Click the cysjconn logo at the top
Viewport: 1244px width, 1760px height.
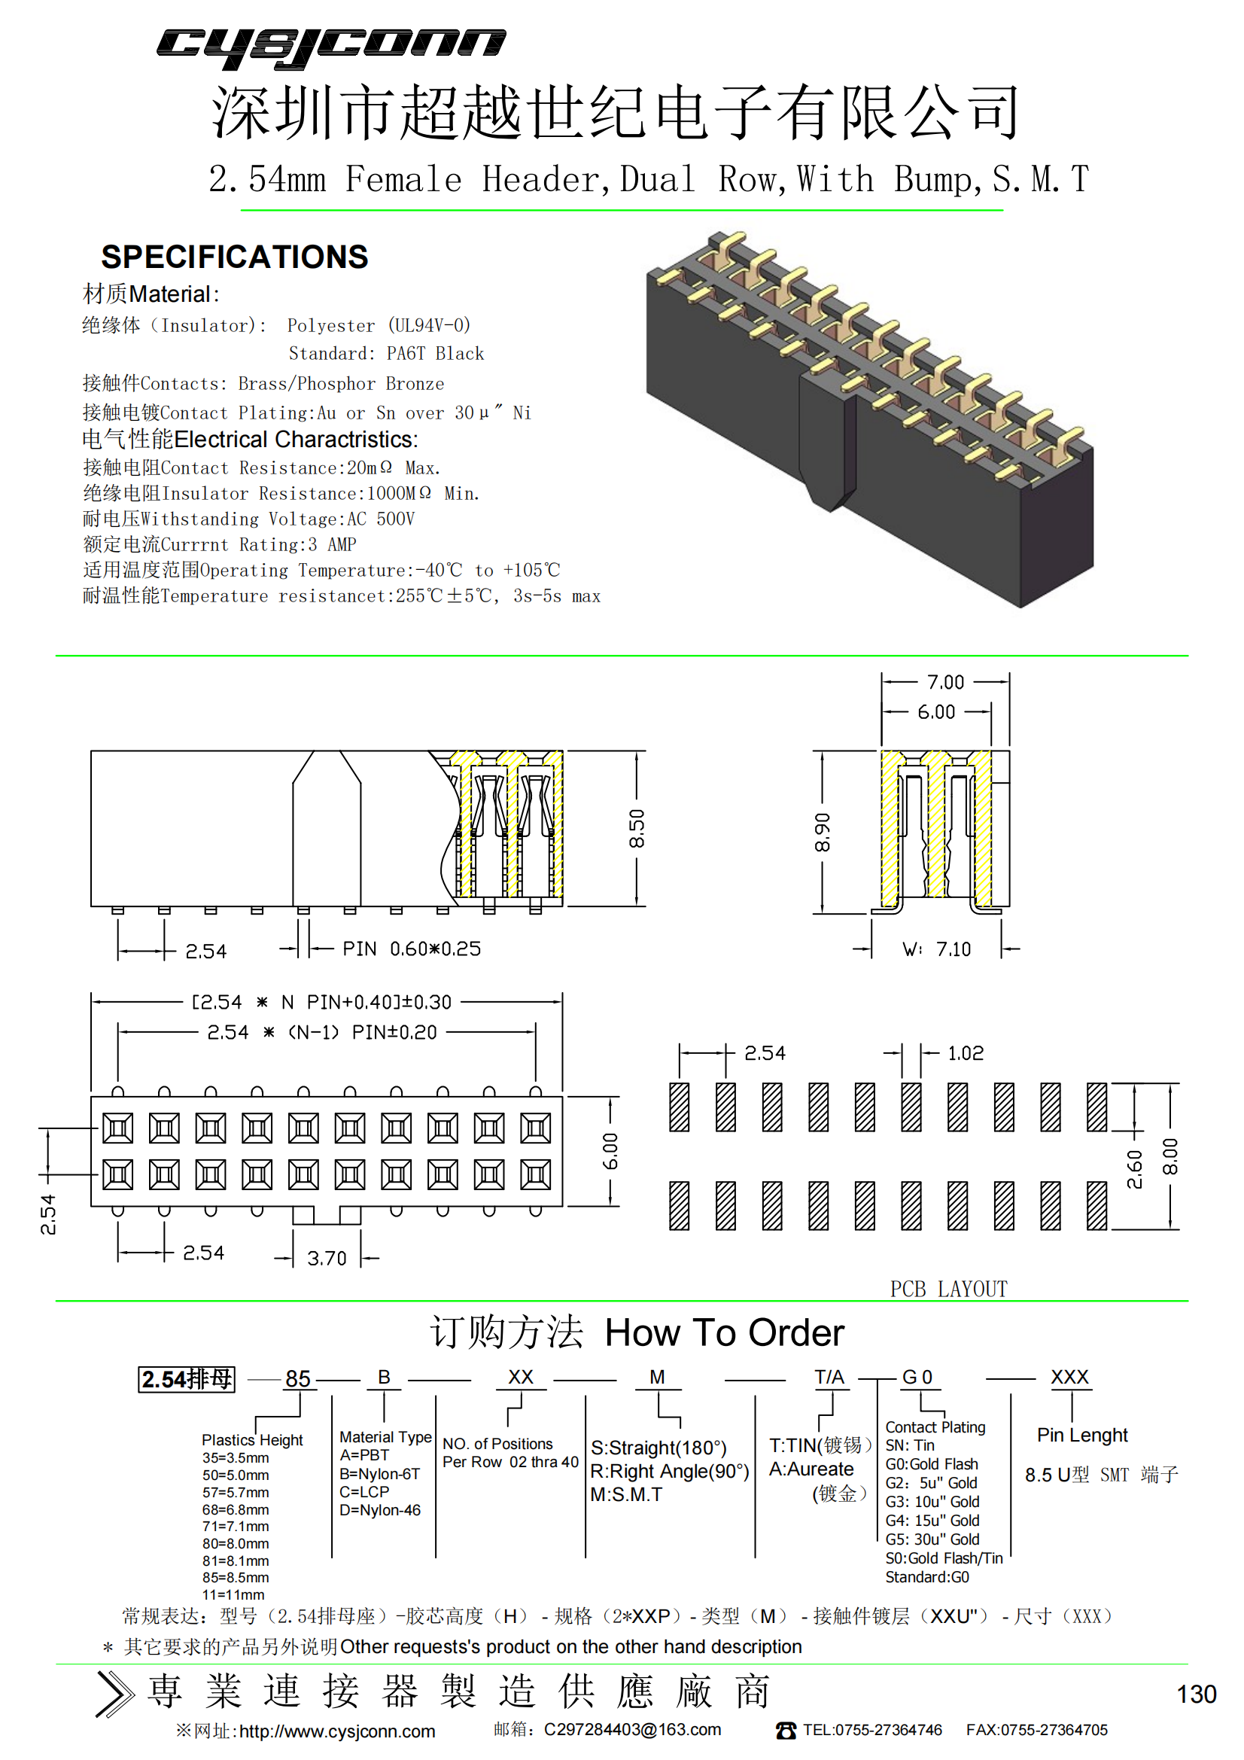(331, 47)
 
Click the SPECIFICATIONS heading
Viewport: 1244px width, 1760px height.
(235, 257)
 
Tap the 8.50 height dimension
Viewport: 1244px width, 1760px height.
(637, 828)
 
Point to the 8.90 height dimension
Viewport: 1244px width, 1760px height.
(823, 833)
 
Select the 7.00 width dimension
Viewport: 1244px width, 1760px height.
(946, 681)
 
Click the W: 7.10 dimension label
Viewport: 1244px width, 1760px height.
(937, 949)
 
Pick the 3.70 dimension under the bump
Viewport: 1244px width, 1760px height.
(327, 1258)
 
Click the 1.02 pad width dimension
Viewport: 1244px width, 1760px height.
(966, 1053)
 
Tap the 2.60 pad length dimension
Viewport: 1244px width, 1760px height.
(1134, 1169)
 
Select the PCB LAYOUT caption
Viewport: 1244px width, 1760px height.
(949, 1290)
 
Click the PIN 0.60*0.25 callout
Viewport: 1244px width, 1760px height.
(412, 949)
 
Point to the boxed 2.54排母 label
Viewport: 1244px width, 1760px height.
(186, 1379)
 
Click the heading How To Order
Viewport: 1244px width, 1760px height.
(724, 1333)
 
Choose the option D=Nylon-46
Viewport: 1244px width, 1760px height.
(380, 1510)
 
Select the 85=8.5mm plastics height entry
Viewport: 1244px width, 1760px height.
(236, 1578)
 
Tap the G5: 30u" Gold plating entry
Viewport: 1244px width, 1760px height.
(932, 1539)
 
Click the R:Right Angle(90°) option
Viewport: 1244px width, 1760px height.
(670, 1471)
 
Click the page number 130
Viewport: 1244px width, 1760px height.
(1197, 1694)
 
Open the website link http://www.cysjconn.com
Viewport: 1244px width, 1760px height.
(337, 1731)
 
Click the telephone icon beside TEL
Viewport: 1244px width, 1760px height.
(786, 1730)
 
